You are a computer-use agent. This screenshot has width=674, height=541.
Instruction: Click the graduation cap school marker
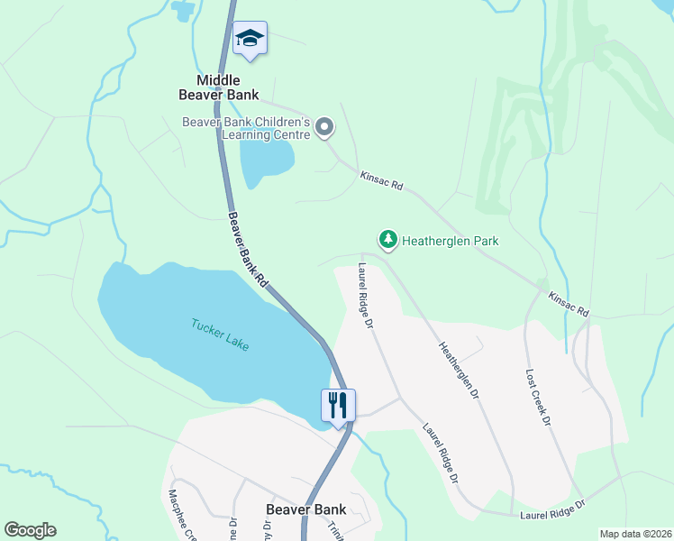pyautogui.click(x=250, y=38)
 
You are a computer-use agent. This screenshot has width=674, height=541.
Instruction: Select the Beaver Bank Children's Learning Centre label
pyautogui.click(x=246, y=128)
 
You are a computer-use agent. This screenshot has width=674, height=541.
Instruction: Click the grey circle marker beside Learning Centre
pyautogui.click(x=325, y=129)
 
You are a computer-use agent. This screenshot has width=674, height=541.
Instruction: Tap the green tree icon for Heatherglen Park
pyautogui.click(x=387, y=240)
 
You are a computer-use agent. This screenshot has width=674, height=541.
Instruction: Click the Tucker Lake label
pyautogui.click(x=219, y=335)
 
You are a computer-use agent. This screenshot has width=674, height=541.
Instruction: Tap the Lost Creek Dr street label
pyautogui.click(x=537, y=397)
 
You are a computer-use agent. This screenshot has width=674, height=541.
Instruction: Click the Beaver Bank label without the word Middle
pyautogui.click(x=306, y=509)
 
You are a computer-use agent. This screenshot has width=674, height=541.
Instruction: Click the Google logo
pyautogui.click(x=30, y=530)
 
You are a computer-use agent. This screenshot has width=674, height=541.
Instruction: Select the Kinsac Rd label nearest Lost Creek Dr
pyautogui.click(x=569, y=303)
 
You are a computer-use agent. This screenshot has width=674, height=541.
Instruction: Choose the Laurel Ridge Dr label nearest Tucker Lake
pyautogui.click(x=365, y=296)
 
